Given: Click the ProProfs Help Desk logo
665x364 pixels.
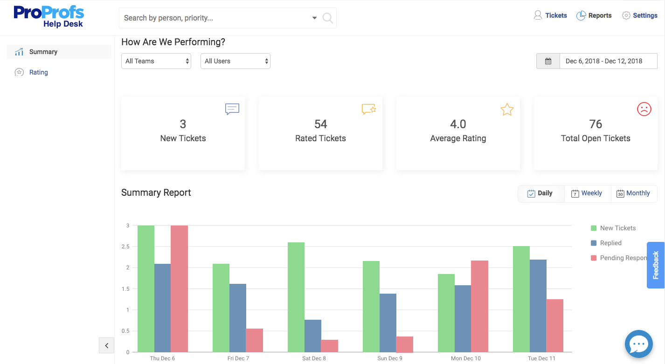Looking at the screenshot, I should [48, 16].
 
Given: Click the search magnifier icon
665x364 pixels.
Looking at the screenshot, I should [327, 18].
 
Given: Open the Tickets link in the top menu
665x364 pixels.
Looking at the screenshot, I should [550, 15].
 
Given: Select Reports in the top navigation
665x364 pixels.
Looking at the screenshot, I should [594, 15].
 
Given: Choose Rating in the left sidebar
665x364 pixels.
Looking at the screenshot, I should [38, 72].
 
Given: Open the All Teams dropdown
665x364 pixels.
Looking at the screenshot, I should [156, 61].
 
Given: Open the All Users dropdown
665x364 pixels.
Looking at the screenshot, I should [236, 61].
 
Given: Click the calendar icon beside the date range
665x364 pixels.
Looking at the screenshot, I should [548, 61].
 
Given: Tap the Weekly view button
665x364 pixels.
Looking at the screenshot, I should [587, 193].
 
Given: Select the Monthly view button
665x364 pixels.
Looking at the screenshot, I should [633, 193].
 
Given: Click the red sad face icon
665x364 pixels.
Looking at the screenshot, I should [644, 109].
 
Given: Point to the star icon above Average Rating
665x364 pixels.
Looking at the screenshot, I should [506, 110].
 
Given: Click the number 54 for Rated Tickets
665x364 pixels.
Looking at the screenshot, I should [320, 124].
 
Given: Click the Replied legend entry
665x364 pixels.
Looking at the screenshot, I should [610, 243].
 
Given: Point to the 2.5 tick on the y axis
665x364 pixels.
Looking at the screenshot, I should [127, 247].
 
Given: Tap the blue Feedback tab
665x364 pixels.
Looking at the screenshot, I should [655, 265].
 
